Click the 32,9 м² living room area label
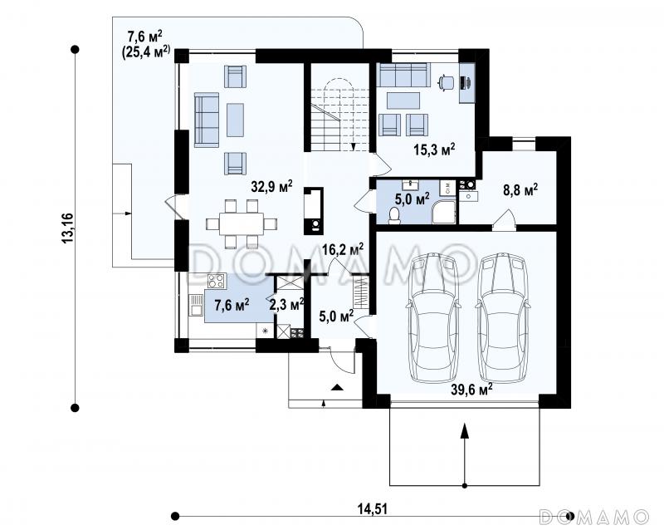pos(271,186)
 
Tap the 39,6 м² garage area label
pos(471,389)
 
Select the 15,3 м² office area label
pos(434,150)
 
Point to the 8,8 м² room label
pos(520,189)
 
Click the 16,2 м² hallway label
pos(343,249)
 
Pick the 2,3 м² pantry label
pos(286,303)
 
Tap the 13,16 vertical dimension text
pos(68,228)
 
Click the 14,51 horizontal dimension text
pos(372,508)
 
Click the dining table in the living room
pos(242,223)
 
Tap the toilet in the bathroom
pos(394,214)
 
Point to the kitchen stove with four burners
pos(217,281)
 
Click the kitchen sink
pos(196,305)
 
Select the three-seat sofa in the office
pos(403,75)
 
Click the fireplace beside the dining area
pos(314,211)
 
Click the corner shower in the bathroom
pos(443,212)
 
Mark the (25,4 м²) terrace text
pos(146,52)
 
